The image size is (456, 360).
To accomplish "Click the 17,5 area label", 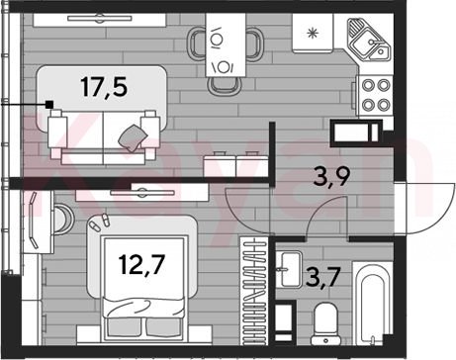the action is click(104, 87).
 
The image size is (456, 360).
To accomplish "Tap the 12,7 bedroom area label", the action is click(142, 265).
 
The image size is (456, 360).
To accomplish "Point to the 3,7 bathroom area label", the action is click(322, 278).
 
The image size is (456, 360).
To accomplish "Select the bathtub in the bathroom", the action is click(373, 303).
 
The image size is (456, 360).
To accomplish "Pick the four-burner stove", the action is click(376, 95).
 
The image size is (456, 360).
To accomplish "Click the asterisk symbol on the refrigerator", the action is click(312, 34).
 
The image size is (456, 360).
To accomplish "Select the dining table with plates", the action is click(226, 45).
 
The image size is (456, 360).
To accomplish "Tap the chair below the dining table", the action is click(225, 86).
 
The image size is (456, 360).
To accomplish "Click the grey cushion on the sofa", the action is click(133, 138).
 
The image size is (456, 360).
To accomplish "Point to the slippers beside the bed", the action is click(100, 223).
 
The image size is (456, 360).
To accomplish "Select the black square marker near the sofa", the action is click(49, 105).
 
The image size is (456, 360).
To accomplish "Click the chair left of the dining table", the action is click(197, 43).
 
